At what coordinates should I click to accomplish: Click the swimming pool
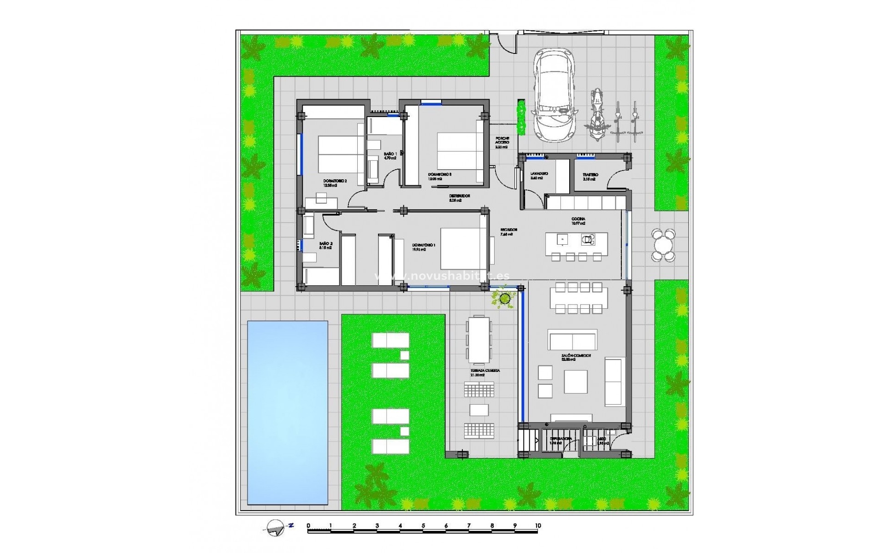(x=288, y=412)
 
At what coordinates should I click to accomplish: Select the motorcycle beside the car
(x=596, y=115)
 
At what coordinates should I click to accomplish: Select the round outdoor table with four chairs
(x=663, y=245)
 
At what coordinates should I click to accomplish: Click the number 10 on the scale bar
(x=537, y=525)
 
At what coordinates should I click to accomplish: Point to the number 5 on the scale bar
(x=423, y=525)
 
